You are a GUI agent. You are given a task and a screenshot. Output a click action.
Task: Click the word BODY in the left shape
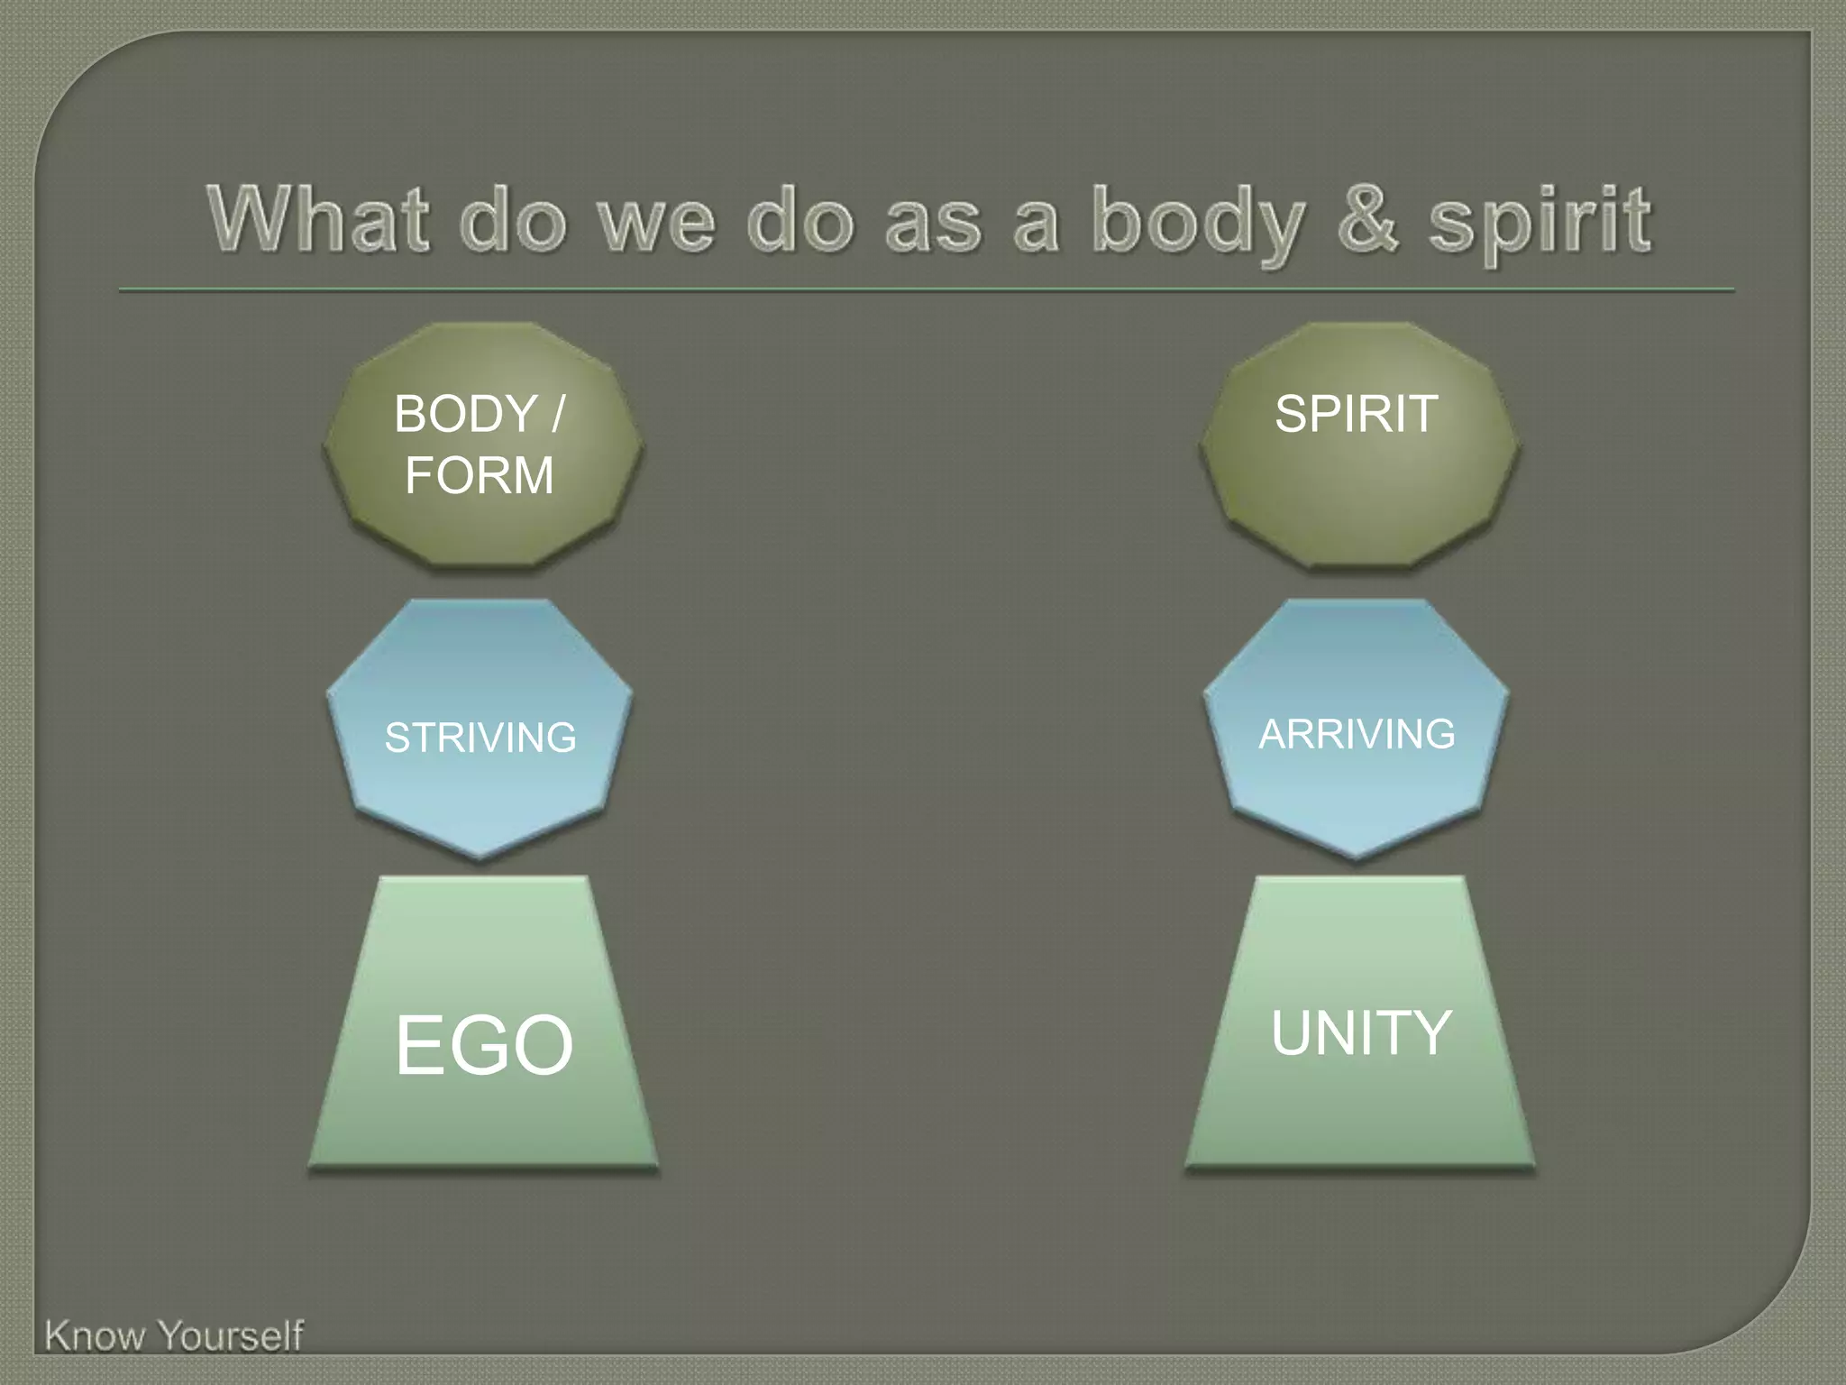(x=465, y=415)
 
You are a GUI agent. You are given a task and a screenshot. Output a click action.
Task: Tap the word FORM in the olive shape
(x=479, y=475)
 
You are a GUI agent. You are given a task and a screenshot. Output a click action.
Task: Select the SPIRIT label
(x=1356, y=414)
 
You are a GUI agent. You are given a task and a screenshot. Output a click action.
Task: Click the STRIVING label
(x=480, y=738)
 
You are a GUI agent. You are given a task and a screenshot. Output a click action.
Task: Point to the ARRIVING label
(x=1357, y=734)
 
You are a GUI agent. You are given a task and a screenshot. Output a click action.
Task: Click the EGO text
(x=484, y=1044)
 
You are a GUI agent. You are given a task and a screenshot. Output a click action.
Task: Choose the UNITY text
(x=1360, y=1032)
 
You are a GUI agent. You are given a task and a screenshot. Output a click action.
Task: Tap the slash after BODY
(x=557, y=415)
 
